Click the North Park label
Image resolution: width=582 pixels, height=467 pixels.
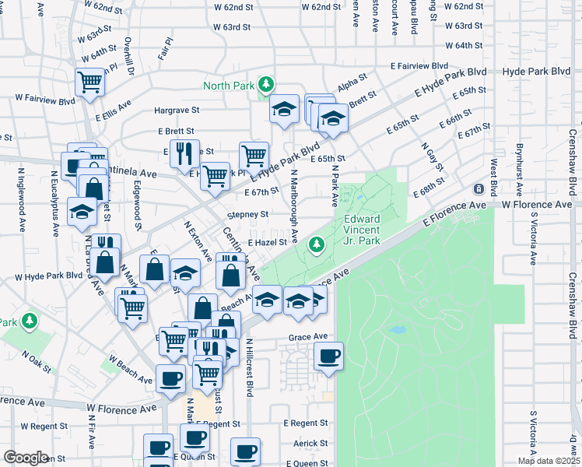pyautogui.click(x=230, y=85)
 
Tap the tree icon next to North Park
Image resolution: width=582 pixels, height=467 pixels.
pyautogui.click(x=266, y=83)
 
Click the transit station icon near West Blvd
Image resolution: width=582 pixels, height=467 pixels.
pyautogui.click(x=479, y=189)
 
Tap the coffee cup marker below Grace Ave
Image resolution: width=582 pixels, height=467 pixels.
pyautogui.click(x=328, y=358)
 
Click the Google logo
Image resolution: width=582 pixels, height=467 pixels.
pyautogui.click(x=26, y=458)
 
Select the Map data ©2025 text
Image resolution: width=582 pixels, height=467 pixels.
pyautogui.click(x=549, y=461)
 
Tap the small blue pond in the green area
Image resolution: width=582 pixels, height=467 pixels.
pyautogui.click(x=398, y=330)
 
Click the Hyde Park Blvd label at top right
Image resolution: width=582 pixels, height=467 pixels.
pyautogui.click(x=537, y=71)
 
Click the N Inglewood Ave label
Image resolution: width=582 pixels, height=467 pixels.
pyautogui.click(x=22, y=194)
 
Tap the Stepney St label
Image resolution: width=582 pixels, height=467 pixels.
pyautogui.click(x=247, y=214)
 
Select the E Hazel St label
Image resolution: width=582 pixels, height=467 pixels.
pyautogui.click(x=268, y=243)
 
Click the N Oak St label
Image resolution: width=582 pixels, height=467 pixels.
pyautogui.click(x=36, y=360)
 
